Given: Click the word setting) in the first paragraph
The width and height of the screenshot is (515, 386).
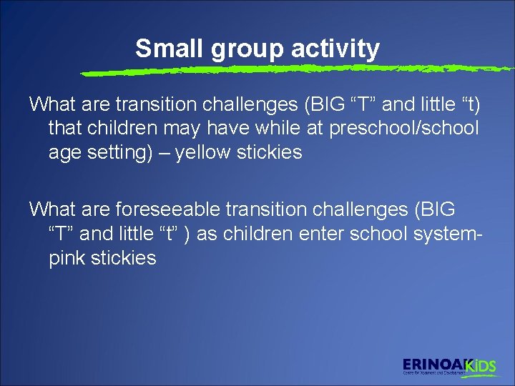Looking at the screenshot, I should pos(118,152).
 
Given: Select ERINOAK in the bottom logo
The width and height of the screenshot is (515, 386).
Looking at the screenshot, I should pos(433,365).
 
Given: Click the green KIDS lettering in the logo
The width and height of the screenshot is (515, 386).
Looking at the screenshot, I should pos(481,366).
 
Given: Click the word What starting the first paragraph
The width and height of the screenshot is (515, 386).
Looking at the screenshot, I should pos(53,104).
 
